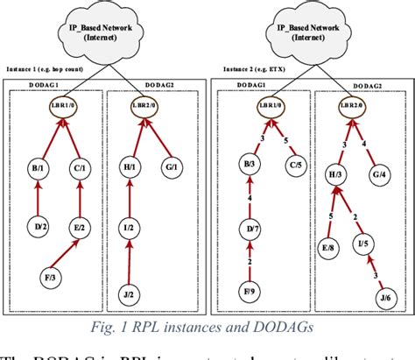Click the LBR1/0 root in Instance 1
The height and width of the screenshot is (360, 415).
60,111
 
